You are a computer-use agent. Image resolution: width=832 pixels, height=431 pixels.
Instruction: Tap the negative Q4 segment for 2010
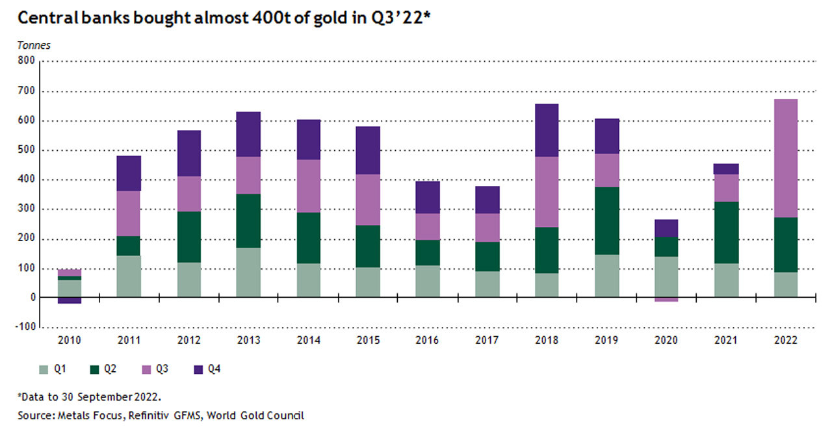click(69, 300)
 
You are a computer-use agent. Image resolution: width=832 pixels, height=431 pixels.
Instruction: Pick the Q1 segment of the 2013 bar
click(248, 272)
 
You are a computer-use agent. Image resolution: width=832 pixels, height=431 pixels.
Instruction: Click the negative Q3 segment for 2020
click(666, 300)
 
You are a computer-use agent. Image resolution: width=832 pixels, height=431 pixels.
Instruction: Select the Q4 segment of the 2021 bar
click(726, 169)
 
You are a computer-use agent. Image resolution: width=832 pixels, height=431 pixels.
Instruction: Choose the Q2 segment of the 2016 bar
click(428, 252)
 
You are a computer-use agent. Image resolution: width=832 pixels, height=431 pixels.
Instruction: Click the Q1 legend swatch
click(44, 369)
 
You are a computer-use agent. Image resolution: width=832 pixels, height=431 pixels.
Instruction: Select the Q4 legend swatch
click(198, 369)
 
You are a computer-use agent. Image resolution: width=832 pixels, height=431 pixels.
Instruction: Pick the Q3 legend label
click(162, 369)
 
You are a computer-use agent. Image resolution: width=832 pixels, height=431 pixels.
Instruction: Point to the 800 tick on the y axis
click(27, 62)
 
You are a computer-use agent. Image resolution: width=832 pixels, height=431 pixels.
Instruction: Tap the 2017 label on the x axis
click(488, 340)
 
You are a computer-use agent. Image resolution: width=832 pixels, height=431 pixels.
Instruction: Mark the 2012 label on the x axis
click(188, 340)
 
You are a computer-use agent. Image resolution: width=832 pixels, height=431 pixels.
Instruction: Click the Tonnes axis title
click(33, 46)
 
